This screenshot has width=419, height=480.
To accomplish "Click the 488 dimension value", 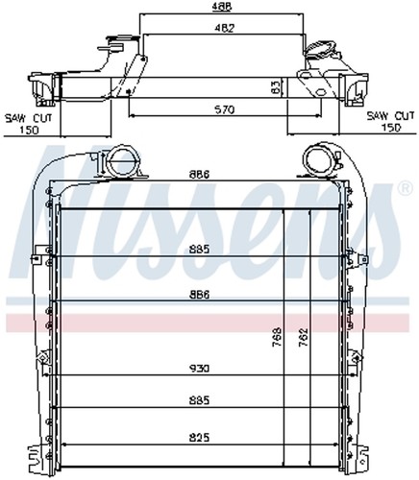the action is tap(222, 7).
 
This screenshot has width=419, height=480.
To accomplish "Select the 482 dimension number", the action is tap(224, 28).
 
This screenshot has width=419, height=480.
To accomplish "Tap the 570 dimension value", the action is tap(224, 109).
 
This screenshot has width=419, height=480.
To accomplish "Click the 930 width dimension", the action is tap(199, 369).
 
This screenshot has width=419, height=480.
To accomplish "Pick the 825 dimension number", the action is tap(199, 437).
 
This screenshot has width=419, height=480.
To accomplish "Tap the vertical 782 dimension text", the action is tap(304, 337).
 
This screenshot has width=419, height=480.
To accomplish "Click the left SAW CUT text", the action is tap(28, 118).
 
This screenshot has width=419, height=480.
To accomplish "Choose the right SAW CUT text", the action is tap(390, 116).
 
